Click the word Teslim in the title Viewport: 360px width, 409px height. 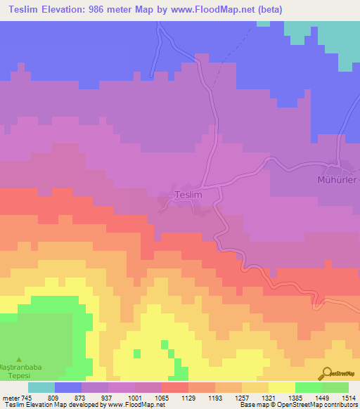(x=29, y=10)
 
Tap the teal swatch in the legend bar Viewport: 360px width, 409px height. (x=41, y=387)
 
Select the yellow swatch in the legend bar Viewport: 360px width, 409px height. (x=281, y=387)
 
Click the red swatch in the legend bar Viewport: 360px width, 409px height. (x=175, y=387)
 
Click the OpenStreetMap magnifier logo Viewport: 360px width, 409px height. (x=327, y=373)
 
